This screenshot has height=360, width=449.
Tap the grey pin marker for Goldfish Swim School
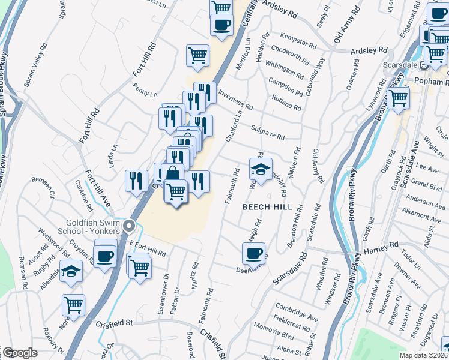(x=130, y=226)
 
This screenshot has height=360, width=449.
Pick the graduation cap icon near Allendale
(x=71, y=271)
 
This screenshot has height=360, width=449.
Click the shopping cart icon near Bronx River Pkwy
(x=398, y=97)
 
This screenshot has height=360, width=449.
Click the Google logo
(x=20, y=353)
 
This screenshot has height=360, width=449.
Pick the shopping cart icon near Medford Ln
(x=198, y=55)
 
